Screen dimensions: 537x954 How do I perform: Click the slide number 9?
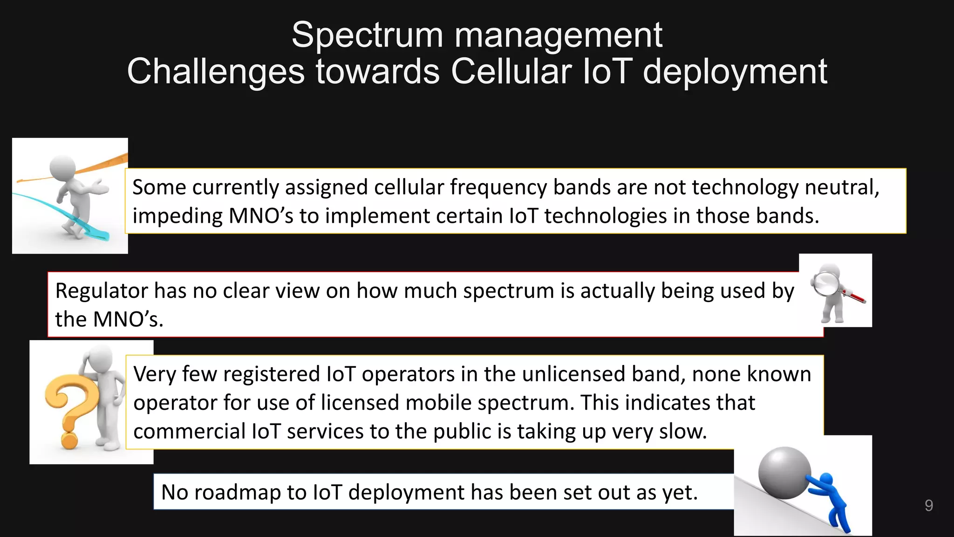tap(928, 505)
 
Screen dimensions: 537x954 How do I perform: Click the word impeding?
tap(177, 216)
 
